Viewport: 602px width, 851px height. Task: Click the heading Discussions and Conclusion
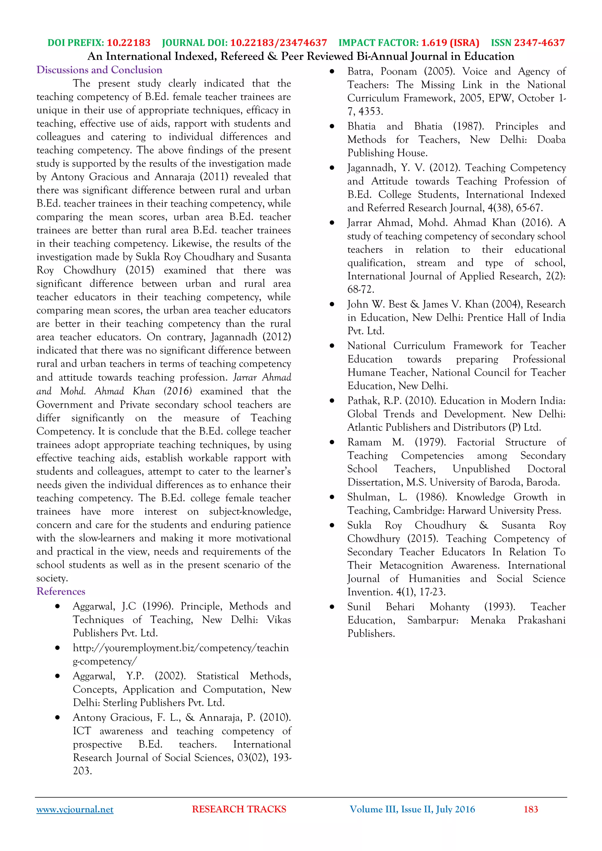pos(99,70)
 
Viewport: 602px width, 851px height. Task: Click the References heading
pos(61,591)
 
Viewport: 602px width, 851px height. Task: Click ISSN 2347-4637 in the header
pos(528,43)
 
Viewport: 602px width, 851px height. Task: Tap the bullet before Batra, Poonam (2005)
pos(332,71)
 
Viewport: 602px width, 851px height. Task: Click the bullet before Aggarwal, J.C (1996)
pos(57,607)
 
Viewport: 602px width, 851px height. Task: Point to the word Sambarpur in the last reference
pos(432,620)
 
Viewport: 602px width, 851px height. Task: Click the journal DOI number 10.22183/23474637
pos(278,43)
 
